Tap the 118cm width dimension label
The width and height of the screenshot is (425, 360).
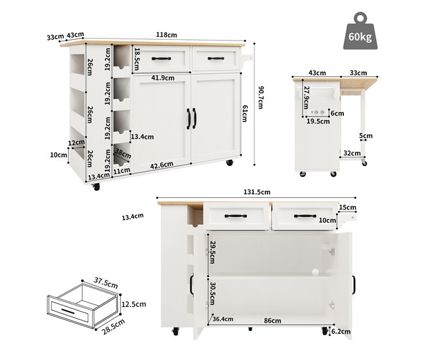point(167,35)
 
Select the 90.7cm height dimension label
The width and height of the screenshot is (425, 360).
point(260,97)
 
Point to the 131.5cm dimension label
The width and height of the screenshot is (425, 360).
point(257,192)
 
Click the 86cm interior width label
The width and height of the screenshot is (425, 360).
point(273,321)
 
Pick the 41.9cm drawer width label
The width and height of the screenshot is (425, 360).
point(163,78)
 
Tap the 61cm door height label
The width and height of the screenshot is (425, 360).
point(245,114)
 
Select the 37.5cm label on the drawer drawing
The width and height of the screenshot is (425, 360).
point(106,283)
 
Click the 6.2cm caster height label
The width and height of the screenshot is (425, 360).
point(341,331)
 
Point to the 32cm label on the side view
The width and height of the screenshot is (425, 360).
point(352,154)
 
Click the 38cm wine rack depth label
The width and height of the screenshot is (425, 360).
point(123,154)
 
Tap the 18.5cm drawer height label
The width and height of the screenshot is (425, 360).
point(137,59)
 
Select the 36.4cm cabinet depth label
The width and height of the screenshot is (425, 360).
point(223,319)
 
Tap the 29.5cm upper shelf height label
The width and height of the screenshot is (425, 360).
point(212,252)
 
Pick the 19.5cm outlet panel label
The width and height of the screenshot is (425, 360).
point(318,122)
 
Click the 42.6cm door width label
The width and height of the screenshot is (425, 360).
point(161,165)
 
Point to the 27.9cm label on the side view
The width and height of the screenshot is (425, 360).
point(306,97)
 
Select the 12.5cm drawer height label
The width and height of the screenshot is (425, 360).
point(133,304)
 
